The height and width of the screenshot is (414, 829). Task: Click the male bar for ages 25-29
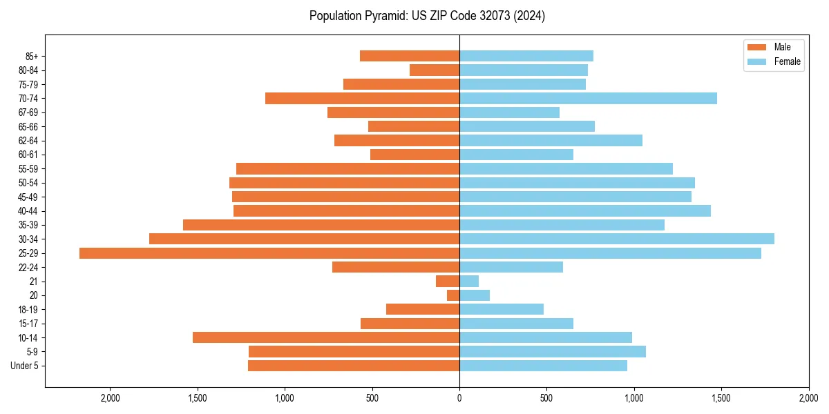269,253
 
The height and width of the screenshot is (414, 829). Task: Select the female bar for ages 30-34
616,239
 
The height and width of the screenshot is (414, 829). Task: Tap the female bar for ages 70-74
588,99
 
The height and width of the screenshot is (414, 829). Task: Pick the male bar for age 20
453,295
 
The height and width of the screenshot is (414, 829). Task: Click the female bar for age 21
469,282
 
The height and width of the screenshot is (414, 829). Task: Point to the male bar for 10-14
326,337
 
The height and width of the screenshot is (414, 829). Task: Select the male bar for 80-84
435,70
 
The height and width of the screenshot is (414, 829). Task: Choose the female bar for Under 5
543,366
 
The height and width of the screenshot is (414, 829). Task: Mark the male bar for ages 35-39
321,225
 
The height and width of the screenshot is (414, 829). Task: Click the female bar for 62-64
551,141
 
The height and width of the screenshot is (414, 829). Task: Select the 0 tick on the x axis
459,398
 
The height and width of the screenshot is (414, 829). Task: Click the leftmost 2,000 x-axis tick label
110,398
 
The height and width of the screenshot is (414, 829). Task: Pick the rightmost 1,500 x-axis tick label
721,398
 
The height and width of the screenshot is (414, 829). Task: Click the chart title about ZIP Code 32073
427,16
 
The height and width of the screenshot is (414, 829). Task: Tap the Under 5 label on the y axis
25,366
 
